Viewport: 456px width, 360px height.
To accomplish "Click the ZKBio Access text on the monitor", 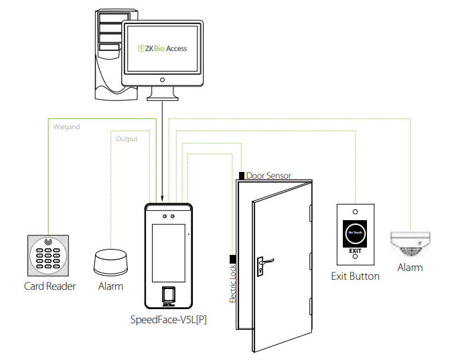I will [x=162, y=48].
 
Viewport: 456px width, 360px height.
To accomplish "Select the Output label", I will [x=127, y=139].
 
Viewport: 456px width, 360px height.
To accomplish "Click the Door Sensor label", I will [x=269, y=176].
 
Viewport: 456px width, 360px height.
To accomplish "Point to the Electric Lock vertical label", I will [x=232, y=284].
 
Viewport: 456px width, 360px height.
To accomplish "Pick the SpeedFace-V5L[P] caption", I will [x=169, y=319].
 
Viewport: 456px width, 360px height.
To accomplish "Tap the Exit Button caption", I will [x=355, y=276].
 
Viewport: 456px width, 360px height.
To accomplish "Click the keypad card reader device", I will [x=48, y=255].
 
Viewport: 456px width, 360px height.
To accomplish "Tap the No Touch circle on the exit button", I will [x=355, y=234].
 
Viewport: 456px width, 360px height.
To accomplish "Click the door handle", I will [x=263, y=260].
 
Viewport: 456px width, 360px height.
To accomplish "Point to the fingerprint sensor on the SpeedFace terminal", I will [x=169, y=294].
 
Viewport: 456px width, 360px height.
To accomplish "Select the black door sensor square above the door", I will [x=242, y=175].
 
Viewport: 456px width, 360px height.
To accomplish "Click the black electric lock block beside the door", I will [x=232, y=258].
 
